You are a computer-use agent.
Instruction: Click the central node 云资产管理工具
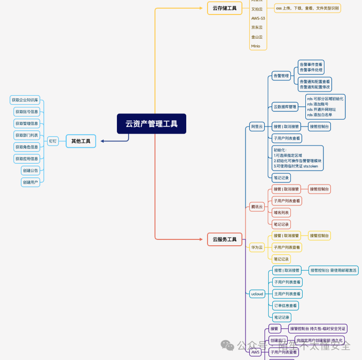click(x=151, y=124)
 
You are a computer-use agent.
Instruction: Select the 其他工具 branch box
click(x=81, y=141)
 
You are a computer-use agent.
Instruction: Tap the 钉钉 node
click(x=53, y=141)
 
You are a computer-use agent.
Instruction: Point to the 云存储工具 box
click(x=224, y=8)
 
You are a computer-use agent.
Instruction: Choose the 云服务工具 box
click(x=224, y=239)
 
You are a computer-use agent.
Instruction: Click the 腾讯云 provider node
click(x=257, y=207)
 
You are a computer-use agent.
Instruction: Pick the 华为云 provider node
click(x=257, y=248)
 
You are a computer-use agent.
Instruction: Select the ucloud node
click(x=257, y=294)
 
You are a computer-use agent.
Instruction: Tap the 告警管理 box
click(x=281, y=76)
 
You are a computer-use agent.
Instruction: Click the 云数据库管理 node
click(x=285, y=107)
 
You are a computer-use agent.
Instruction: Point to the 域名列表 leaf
click(x=281, y=213)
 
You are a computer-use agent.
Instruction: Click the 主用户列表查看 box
click(x=287, y=294)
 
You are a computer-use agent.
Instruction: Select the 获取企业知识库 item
click(x=25, y=100)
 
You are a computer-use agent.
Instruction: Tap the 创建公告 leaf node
click(x=30, y=170)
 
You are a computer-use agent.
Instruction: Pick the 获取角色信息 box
click(x=27, y=147)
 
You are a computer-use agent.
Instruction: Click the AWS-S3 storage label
click(x=258, y=18)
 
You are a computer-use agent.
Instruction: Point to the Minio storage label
click(x=256, y=46)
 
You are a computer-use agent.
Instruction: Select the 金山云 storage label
click(x=257, y=37)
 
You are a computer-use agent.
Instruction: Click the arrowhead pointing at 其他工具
click(x=103, y=141)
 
